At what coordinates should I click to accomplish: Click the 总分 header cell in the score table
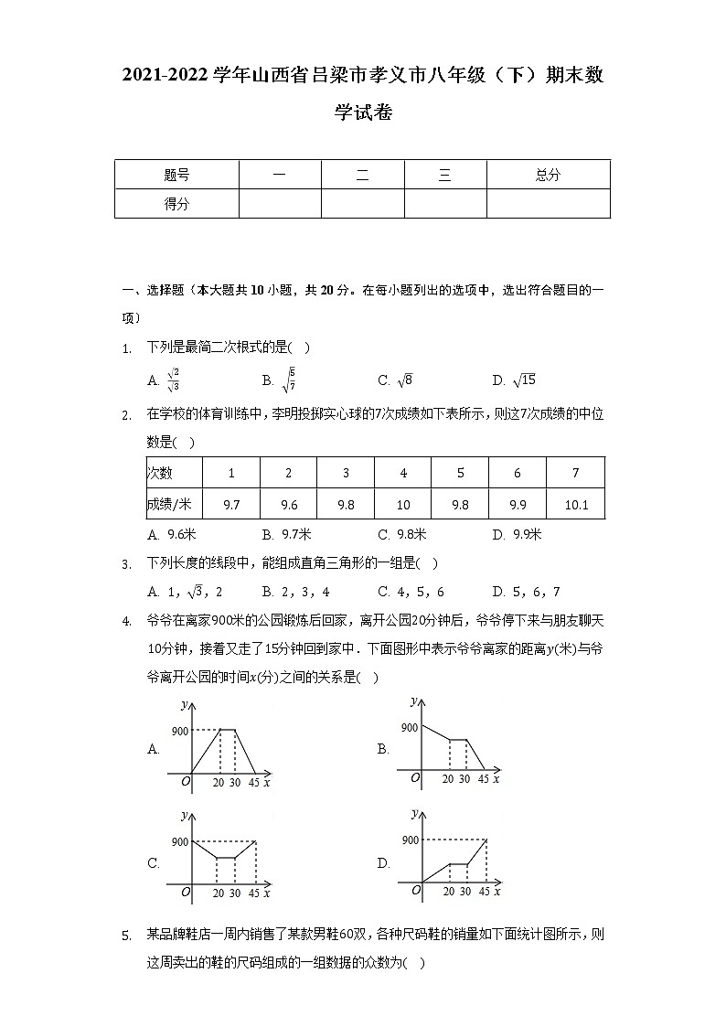pos(548,175)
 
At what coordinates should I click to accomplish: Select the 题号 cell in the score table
pos(176,175)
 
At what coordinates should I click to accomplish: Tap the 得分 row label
pos(176,204)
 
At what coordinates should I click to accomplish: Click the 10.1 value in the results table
pos(576,504)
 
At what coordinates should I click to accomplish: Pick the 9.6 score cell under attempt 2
pos(289,504)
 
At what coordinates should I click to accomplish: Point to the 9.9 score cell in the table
pos(518,504)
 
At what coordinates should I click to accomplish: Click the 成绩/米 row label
pos(169,504)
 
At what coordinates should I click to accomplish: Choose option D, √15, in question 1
pos(513,380)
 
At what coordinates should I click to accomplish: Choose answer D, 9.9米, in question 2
pos(517,535)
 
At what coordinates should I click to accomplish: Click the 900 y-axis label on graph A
pos(179,731)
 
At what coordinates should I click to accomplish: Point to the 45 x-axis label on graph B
pos(483,779)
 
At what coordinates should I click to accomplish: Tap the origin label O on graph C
pos(186,892)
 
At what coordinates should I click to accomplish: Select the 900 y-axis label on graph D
pos(410,840)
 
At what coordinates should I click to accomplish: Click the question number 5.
pos(126,935)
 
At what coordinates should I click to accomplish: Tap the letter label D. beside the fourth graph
pos(383,862)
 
